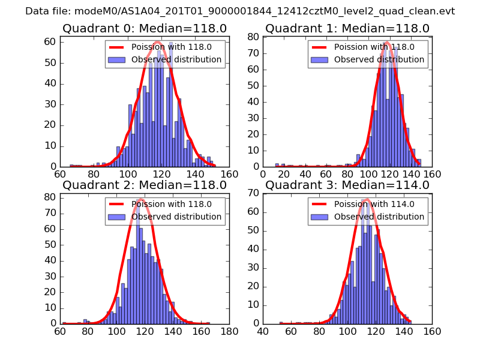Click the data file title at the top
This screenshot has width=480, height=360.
coord(240,11)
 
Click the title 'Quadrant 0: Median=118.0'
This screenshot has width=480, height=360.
coord(145,28)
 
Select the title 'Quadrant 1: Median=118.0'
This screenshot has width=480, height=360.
coord(347,28)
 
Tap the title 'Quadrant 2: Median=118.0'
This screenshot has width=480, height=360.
coord(145,185)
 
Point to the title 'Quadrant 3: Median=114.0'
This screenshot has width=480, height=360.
coord(347,185)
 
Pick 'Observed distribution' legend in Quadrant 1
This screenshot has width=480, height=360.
coord(379,59)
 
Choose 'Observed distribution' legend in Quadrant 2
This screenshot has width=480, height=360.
coord(176,217)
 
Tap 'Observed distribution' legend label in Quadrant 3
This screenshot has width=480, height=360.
coord(379,217)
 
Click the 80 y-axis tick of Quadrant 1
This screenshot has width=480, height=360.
coord(253,37)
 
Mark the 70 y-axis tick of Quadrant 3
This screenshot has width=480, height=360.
coord(253,193)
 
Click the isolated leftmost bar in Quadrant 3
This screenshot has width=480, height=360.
coord(281,322)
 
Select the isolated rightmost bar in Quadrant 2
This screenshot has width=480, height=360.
coord(208,322)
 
